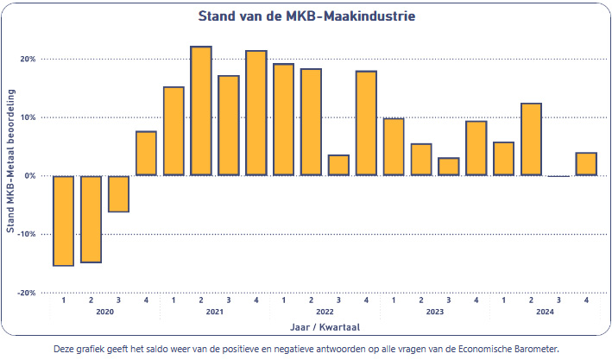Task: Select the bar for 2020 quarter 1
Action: pyautogui.click(x=63, y=220)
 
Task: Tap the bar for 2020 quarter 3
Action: pyautogui.click(x=118, y=193)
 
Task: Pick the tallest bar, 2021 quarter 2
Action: pyautogui.click(x=201, y=111)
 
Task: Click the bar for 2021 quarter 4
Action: pyautogui.click(x=256, y=113)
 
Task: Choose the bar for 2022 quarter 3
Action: pyautogui.click(x=338, y=166)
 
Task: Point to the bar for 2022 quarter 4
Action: pyautogui.click(x=366, y=123)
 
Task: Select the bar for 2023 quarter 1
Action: pyautogui.click(x=394, y=147)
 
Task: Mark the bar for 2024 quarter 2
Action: pyautogui.click(x=532, y=139)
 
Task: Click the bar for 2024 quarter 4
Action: pyautogui.click(x=586, y=164)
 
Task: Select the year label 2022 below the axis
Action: pyautogui.click(x=325, y=311)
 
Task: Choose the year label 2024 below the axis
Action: pyautogui.click(x=545, y=311)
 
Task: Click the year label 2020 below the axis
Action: pyautogui.click(x=104, y=311)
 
